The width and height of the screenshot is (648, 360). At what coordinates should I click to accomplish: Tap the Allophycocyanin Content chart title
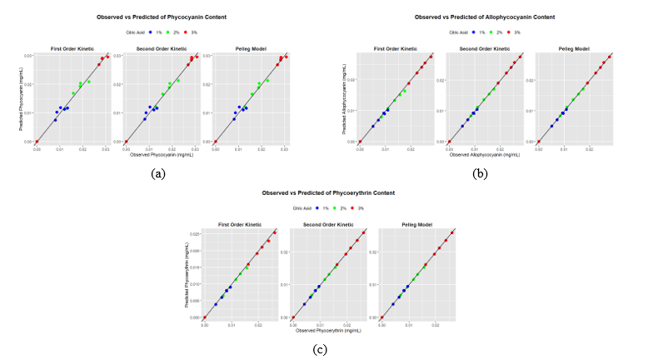click(x=485, y=17)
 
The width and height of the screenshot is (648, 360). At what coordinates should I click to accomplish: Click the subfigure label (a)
click(x=156, y=173)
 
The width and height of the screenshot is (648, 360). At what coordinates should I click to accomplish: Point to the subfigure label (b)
click(x=481, y=173)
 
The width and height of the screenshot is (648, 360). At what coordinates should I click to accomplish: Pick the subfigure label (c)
click(x=320, y=349)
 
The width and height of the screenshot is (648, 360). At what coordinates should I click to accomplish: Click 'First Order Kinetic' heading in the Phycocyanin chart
click(x=72, y=47)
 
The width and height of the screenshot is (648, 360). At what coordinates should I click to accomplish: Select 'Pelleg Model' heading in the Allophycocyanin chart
click(x=574, y=47)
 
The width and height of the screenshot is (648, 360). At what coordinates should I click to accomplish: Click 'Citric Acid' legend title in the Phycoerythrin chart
click(x=293, y=208)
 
